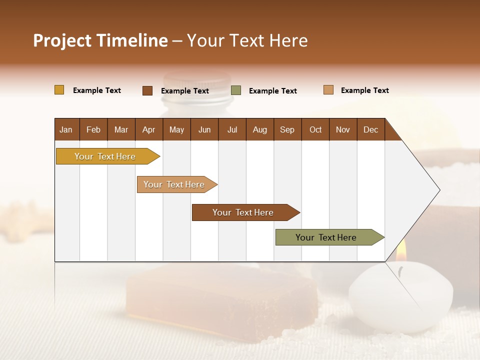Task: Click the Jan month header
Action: [x=66, y=129]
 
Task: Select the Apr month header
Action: [x=149, y=129]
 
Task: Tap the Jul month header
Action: [x=232, y=129]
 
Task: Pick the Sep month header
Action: [x=287, y=129]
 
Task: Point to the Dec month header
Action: [x=370, y=129]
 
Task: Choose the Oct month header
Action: [x=315, y=129]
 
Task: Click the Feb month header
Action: [x=93, y=129]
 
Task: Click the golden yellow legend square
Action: [x=59, y=90]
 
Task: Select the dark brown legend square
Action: [x=147, y=90]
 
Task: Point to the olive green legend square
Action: [x=236, y=90]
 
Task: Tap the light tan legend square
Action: [x=328, y=90]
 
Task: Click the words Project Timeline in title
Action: [x=100, y=40]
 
